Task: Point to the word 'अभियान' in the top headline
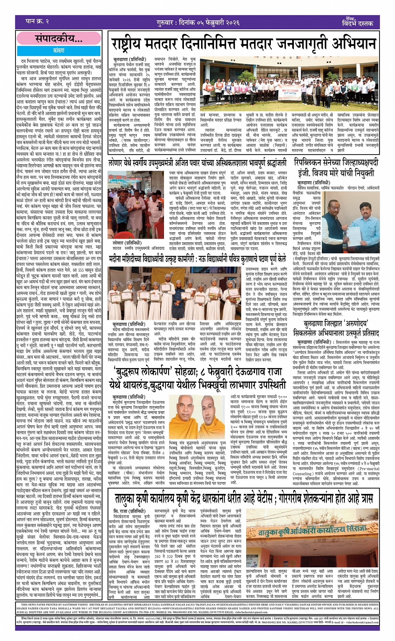click(351, 44)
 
